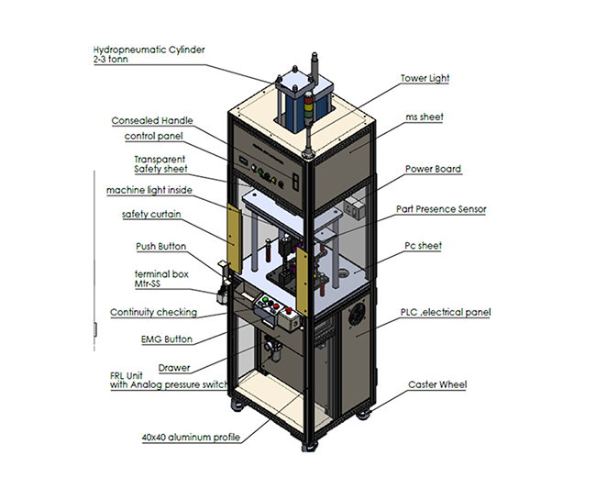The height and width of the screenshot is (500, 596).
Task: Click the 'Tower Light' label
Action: pos(425,80)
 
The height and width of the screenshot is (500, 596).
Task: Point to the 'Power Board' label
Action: pos(433,169)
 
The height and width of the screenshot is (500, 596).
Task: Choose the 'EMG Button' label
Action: pos(166,339)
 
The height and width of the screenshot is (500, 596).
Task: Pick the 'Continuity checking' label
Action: pos(153,312)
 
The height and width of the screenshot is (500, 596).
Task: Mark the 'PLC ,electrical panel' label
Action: pos(446,312)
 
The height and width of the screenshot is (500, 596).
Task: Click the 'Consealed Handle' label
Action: pos(152,120)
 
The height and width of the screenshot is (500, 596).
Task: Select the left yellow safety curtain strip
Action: pos(232,238)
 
